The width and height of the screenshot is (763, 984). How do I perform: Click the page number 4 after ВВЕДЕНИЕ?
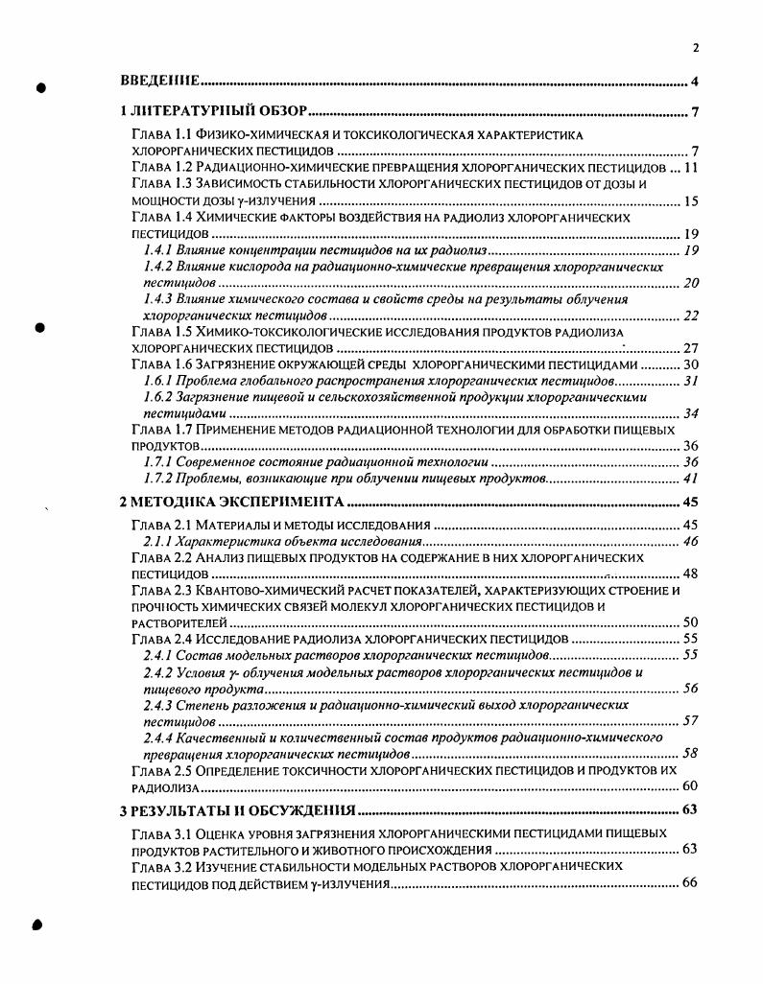pyautogui.click(x=694, y=82)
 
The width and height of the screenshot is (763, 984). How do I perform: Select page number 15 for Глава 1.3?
pyautogui.click(x=690, y=201)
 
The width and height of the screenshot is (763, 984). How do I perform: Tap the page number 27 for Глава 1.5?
pyautogui.click(x=690, y=348)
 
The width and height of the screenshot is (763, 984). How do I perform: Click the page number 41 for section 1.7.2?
pyautogui.click(x=690, y=479)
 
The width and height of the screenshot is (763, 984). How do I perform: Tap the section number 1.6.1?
pyautogui.click(x=158, y=382)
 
